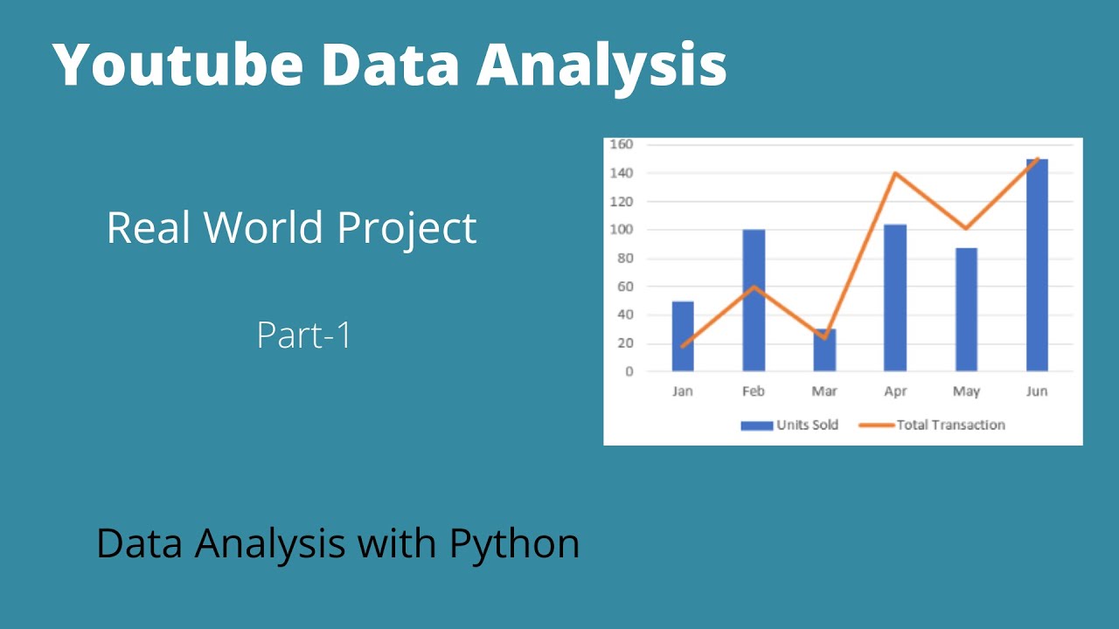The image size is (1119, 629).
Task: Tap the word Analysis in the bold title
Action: tap(601, 65)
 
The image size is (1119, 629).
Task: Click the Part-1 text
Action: tap(304, 335)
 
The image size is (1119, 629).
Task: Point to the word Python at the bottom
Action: tap(514, 543)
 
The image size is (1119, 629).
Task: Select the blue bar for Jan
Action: tap(683, 336)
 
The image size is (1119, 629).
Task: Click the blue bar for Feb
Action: tap(754, 301)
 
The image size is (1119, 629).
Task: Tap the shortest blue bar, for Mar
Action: tap(824, 351)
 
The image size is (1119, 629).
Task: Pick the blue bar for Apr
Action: tap(895, 298)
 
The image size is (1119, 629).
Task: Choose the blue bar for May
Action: tap(966, 310)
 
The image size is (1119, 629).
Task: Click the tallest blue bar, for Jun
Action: tap(1037, 265)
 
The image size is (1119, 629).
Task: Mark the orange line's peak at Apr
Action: tap(895, 173)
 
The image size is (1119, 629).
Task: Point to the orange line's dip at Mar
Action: tap(824, 337)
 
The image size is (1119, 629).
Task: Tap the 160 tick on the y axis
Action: tap(622, 144)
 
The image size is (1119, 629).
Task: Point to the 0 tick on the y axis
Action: tap(629, 371)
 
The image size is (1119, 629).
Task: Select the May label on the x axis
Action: tap(966, 391)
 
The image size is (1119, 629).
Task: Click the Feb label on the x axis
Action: tap(754, 391)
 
